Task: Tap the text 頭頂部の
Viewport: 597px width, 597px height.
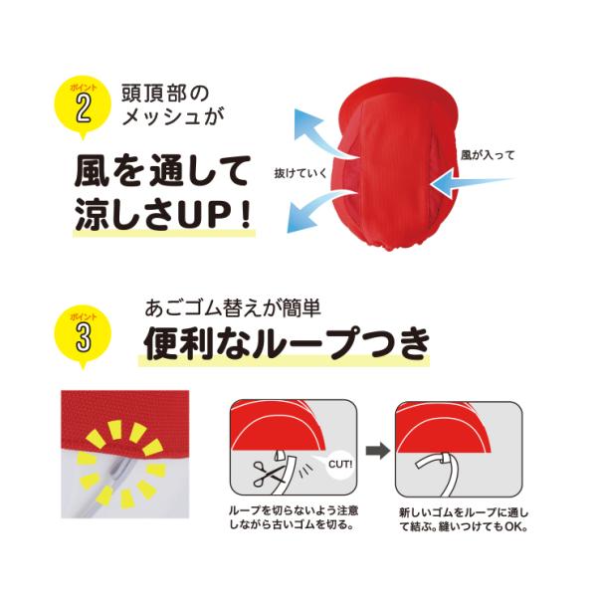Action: tap(165, 94)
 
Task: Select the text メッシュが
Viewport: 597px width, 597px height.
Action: tap(173, 115)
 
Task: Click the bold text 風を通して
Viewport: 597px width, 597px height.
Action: tap(162, 171)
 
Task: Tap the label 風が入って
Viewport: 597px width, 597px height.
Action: tap(488, 155)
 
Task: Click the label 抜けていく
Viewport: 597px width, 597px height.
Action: tap(300, 173)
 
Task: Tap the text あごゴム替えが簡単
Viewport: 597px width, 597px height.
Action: tap(233, 308)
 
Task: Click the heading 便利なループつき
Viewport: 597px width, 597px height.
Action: tap(287, 343)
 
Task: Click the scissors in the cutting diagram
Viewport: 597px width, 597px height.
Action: tap(269, 474)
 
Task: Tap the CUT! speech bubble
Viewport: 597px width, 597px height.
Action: tap(339, 466)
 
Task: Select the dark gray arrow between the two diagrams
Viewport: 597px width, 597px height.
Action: tap(378, 451)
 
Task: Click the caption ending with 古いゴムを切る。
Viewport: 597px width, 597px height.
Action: tap(294, 517)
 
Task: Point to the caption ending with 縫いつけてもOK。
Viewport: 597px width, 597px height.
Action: tap(464, 519)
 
